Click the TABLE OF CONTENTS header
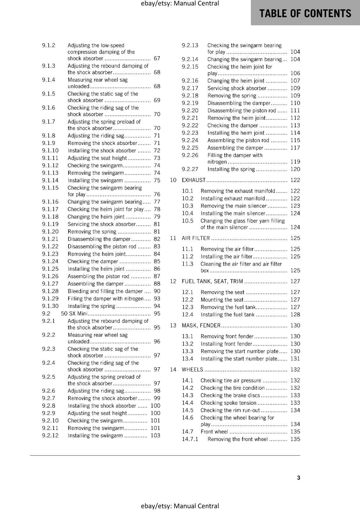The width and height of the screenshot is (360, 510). tap(305, 13)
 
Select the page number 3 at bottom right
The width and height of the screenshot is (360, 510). tap(299, 477)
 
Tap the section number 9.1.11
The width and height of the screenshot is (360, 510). tap(50, 158)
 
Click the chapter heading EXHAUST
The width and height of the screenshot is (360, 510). tap(194, 180)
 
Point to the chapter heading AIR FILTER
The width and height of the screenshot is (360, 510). tap(196, 238)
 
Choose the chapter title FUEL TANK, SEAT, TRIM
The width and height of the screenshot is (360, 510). tap(212, 281)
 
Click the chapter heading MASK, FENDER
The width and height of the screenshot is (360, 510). tap(201, 325)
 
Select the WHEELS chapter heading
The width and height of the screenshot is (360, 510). tap(192, 369)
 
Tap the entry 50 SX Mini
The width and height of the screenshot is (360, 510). tap(74, 314)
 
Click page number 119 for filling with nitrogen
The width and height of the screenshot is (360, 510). tap(295, 162)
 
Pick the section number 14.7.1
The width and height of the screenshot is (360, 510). tap(190, 439)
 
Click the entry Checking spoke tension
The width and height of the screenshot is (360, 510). tap(228, 403)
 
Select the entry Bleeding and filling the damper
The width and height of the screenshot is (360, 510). tap(105, 291)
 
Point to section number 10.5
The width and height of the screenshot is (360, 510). tap(188, 221)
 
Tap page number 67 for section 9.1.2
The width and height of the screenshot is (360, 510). tap(157, 58)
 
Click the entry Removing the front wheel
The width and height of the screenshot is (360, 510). tap(237, 439)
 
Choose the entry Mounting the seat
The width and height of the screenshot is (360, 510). tap(222, 300)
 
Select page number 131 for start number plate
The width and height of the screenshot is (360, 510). tap(295, 359)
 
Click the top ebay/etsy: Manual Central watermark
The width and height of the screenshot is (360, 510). tap(180, 4)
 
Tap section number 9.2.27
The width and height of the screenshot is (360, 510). tap(190, 169)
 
